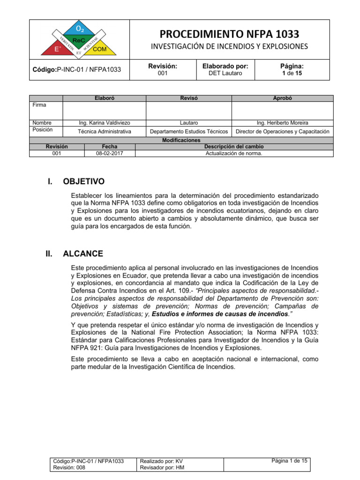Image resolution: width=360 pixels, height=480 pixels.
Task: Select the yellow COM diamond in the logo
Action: point(99,49)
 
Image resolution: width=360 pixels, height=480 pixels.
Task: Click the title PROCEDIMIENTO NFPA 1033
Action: point(229,34)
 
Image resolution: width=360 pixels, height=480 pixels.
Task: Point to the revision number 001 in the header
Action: point(163,74)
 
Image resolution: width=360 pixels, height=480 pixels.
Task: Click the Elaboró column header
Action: point(104,98)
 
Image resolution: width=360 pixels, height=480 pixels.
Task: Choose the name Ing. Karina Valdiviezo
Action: point(104,123)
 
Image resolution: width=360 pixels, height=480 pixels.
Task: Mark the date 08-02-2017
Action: point(109,153)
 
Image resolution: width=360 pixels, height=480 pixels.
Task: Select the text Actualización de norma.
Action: point(234,153)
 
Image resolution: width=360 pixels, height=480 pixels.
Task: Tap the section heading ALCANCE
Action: point(83,254)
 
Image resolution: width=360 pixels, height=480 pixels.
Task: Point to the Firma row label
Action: point(39,105)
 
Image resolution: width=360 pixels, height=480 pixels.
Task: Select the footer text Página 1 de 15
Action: point(289,461)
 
